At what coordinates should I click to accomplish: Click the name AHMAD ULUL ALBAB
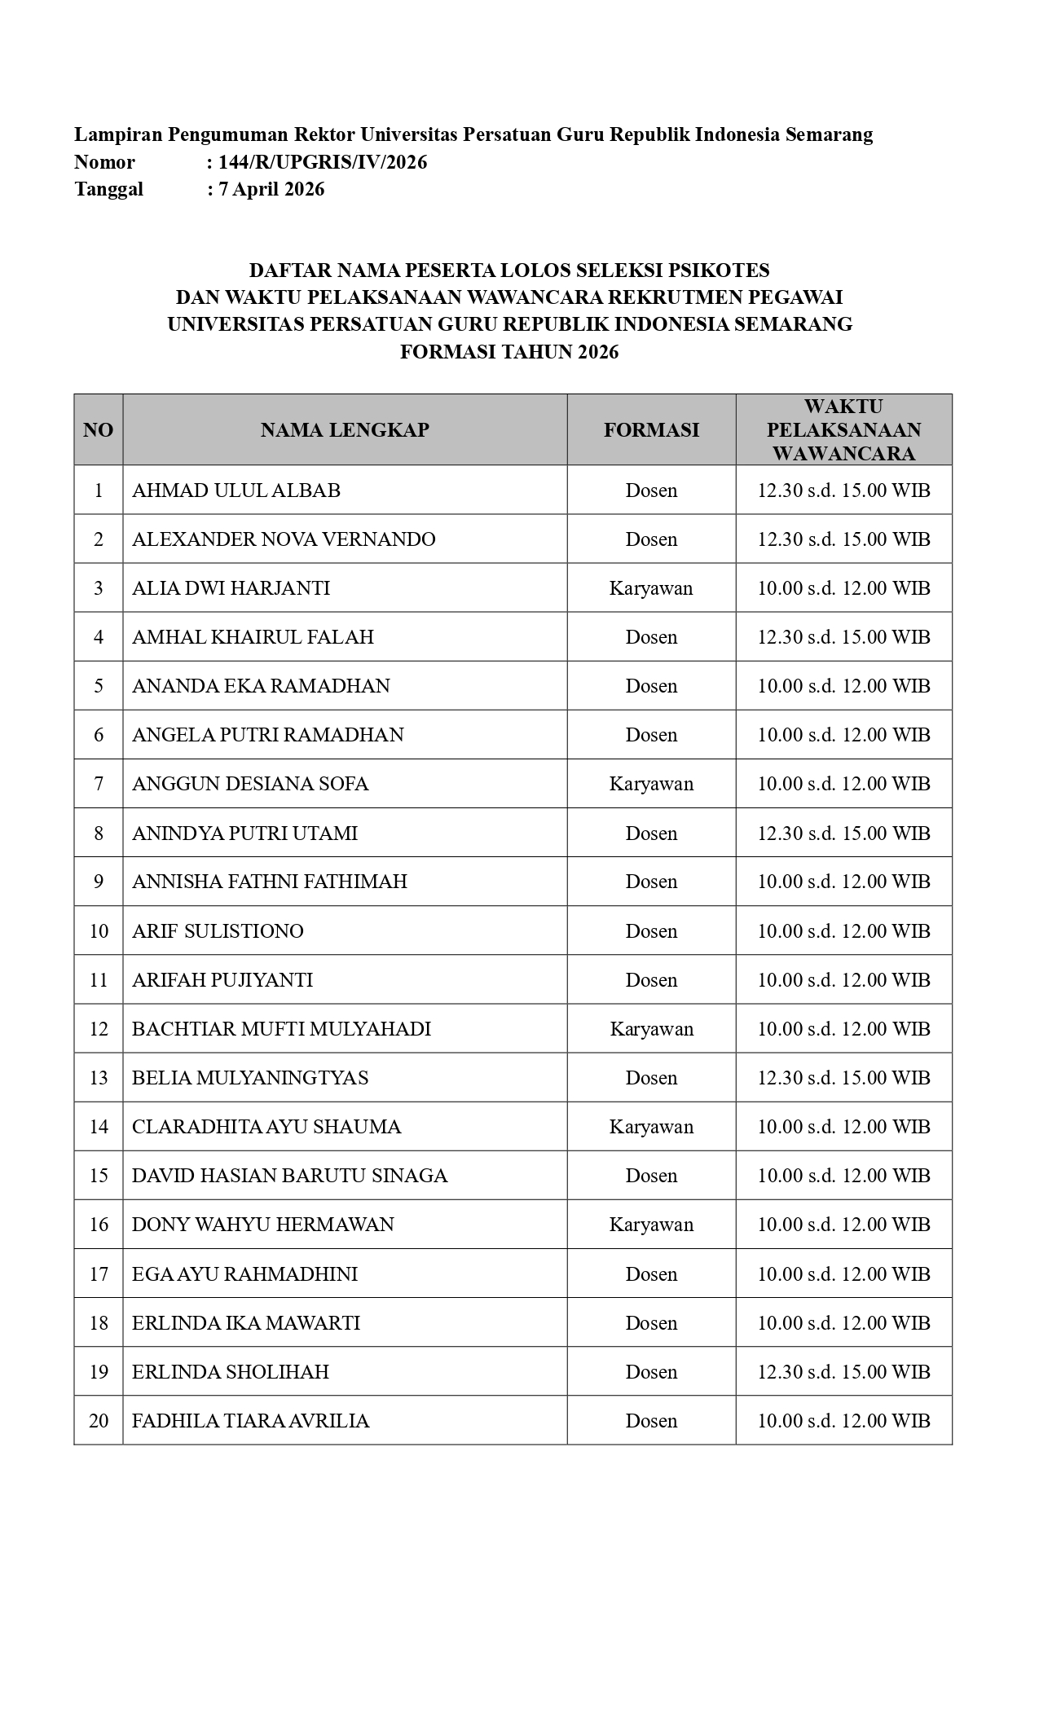[x=236, y=490]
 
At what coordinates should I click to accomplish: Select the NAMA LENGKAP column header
[x=345, y=430]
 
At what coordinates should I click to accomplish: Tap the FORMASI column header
[x=651, y=430]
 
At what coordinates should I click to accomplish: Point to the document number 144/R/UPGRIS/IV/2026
[x=322, y=162]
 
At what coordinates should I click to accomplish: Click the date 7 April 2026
[x=271, y=189]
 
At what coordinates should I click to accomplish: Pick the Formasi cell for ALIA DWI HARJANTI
[x=651, y=588]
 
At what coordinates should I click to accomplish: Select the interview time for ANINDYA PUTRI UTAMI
[x=843, y=833]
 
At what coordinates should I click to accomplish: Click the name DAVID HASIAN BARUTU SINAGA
[x=289, y=1176]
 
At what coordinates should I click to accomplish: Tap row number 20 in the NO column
[x=99, y=1421]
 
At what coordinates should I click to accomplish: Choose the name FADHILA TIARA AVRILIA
[x=250, y=1421]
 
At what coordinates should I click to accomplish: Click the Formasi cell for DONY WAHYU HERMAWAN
[x=651, y=1225]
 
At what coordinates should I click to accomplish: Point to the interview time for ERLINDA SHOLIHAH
[x=843, y=1372]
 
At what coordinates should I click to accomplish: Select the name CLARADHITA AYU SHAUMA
[x=266, y=1127]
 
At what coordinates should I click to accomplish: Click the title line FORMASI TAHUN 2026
[x=509, y=352]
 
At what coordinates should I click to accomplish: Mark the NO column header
[x=99, y=430]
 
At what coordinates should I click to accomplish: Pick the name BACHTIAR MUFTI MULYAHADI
[x=281, y=1029]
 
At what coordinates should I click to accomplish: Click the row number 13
[x=99, y=1078]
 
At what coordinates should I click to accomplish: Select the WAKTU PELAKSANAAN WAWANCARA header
[x=843, y=430]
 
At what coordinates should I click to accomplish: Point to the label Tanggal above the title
[x=108, y=189]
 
